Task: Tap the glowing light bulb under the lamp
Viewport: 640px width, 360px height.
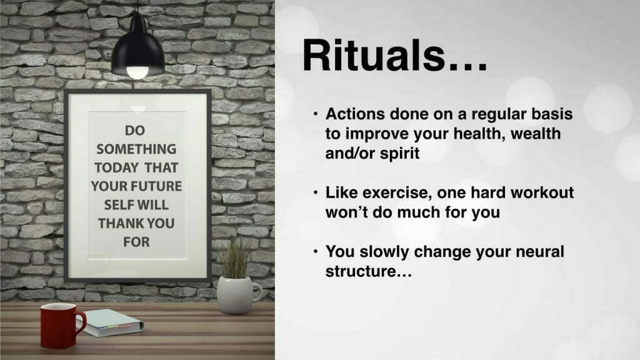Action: click(x=137, y=72)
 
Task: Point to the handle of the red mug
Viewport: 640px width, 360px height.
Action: click(x=81, y=325)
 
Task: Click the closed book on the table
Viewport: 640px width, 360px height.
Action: click(x=109, y=322)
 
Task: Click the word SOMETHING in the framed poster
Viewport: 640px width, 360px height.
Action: click(x=136, y=149)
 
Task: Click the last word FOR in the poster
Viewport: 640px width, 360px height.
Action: click(x=136, y=242)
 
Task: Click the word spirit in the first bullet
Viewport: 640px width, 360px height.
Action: click(x=399, y=154)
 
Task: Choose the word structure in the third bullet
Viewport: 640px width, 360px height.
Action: click(x=369, y=271)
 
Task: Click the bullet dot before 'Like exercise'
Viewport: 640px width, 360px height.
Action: click(x=316, y=192)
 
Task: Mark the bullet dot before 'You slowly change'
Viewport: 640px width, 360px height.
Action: click(x=316, y=251)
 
